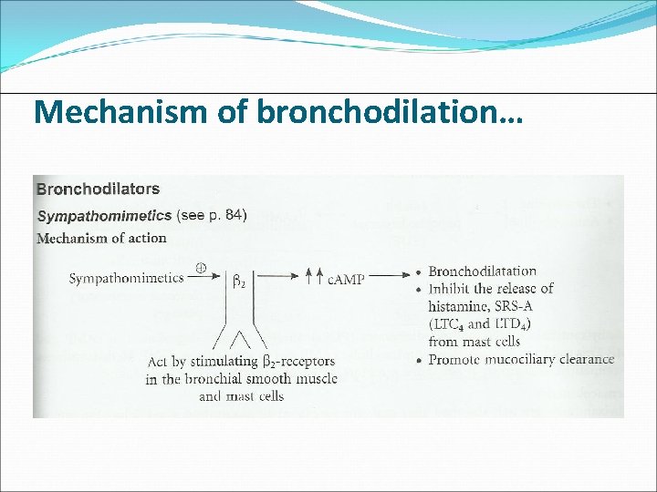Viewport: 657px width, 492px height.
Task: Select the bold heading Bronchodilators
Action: [x=98, y=190]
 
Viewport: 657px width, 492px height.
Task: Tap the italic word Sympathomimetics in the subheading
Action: [x=103, y=216]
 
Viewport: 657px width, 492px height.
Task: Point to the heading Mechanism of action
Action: [x=101, y=239]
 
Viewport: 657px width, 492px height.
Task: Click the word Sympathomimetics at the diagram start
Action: [x=125, y=278]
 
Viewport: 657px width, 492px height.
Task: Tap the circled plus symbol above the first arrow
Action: [x=201, y=269]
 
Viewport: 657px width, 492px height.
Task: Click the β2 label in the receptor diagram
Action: [x=239, y=283]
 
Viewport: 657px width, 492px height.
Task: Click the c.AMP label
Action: [x=346, y=279]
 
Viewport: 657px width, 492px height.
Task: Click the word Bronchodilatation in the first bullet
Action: [x=482, y=272]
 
